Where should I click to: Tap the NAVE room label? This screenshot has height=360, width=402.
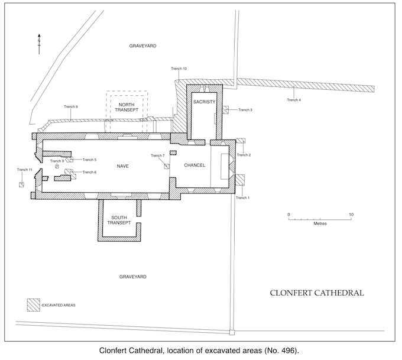point(122,166)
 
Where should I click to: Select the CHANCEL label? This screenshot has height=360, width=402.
point(194,165)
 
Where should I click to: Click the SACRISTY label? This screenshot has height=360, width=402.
point(204,102)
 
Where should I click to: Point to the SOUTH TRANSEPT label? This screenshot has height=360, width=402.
point(119,221)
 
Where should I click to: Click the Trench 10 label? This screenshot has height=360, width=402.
point(179,69)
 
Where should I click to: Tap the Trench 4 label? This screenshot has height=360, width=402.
point(294,100)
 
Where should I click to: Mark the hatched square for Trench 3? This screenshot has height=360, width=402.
point(226,110)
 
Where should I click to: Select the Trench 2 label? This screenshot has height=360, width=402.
point(244,155)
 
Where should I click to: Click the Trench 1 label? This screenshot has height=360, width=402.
point(242,197)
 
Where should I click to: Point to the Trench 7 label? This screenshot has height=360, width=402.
point(157,155)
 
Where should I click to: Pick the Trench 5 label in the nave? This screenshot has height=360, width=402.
point(89,160)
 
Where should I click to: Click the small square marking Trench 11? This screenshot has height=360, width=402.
point(21,184)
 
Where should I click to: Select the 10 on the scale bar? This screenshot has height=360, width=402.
point(351,214)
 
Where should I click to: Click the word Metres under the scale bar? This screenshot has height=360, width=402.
point(320,224)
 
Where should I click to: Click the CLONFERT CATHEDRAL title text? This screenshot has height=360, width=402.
point(316,293)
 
